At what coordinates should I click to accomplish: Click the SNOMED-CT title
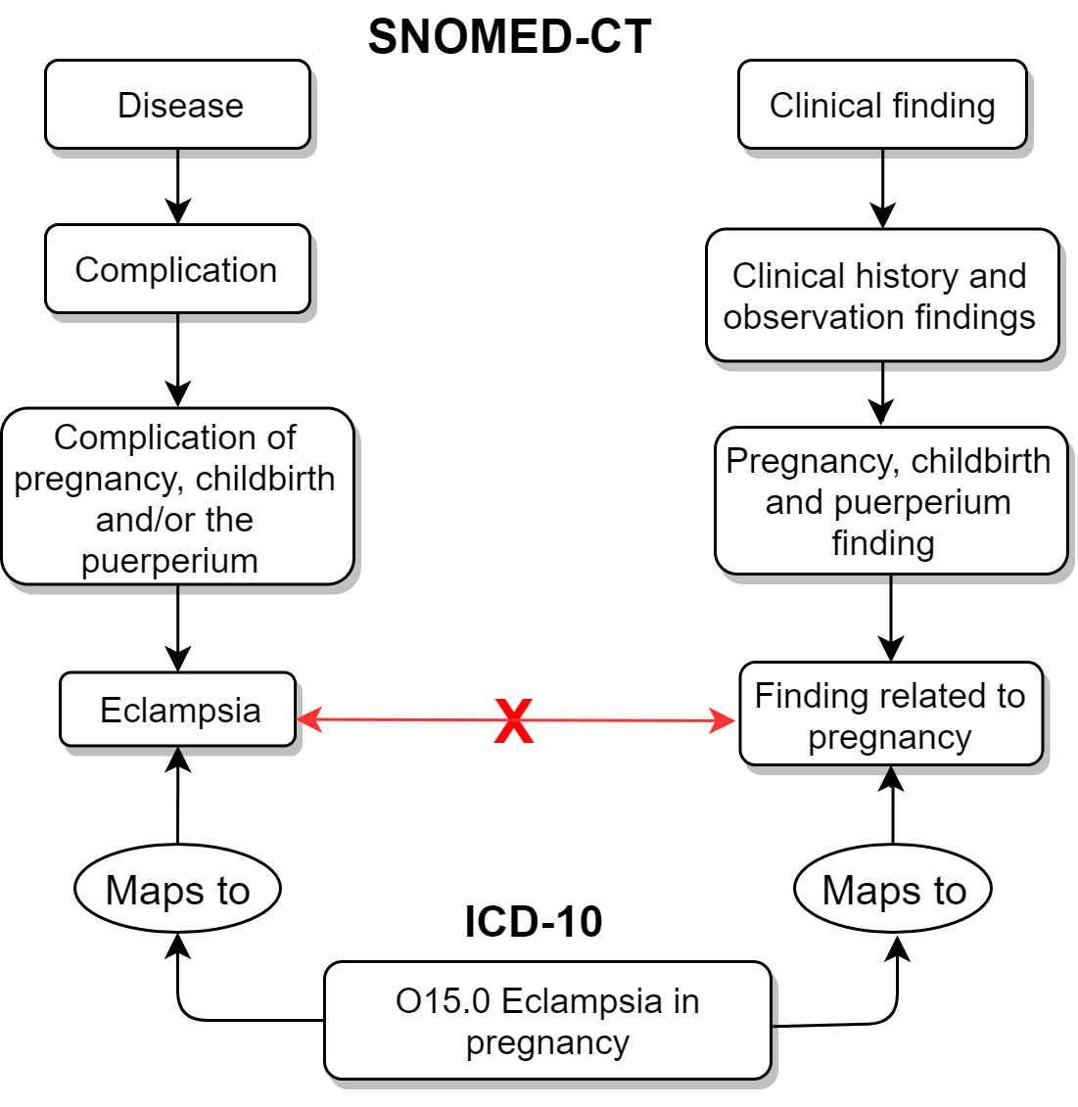[509, 37]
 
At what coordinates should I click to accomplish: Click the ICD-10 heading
[534, 922]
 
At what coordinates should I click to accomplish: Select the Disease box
[178, 105]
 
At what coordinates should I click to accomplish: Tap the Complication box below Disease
[177, 269]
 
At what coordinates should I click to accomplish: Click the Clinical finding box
[882, 105]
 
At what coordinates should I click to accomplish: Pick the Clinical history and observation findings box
[882, 296]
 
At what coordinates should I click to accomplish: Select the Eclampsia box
[178, 710]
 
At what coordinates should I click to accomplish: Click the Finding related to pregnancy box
[890, 715]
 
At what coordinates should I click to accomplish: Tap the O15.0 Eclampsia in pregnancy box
[547, 1021]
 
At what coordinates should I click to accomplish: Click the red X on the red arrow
[514, 721]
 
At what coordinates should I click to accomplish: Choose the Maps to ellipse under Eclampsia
[177, 890]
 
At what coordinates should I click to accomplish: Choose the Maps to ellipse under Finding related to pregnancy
[893, 890]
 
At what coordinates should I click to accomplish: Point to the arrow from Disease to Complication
[178, 187]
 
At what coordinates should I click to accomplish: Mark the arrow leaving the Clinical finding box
[883, 189]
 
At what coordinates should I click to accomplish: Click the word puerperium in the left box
[169, 561]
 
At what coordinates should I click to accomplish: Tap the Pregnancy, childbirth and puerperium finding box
[890, 501]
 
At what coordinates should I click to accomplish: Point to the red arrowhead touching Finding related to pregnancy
[725, 721]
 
